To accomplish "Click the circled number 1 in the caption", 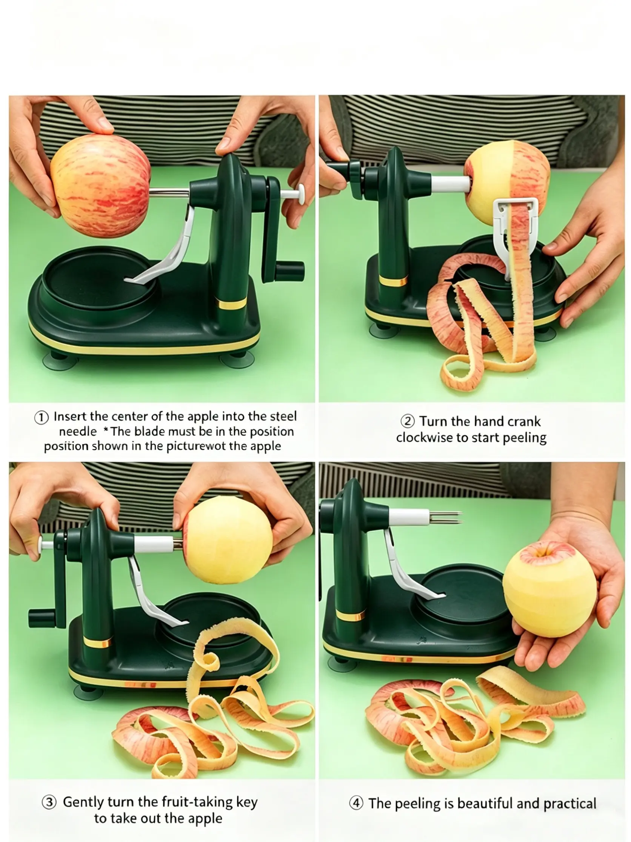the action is tap(42, 418).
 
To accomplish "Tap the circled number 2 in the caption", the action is tap(407, 422).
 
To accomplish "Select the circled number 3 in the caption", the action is tap(49, 803).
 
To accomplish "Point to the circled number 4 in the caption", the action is tap(356, 803).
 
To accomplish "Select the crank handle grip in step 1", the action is tap(290, 270).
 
